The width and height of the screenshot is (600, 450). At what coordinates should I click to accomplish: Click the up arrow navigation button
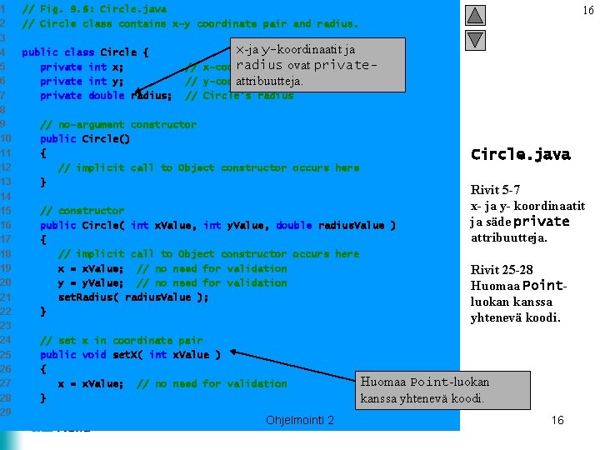tap(474, 16)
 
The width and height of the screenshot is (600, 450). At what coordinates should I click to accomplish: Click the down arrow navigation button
tap(474, 39)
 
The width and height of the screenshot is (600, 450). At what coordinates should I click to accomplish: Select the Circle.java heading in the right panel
tap(520, 154)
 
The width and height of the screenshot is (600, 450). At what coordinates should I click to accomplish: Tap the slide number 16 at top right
tap(587, 10)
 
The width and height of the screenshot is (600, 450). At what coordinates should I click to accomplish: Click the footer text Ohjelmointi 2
tap(300, 420)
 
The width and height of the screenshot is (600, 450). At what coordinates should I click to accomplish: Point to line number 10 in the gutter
tap(5, 138)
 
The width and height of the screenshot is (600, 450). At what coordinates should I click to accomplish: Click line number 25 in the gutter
tap(5, 354)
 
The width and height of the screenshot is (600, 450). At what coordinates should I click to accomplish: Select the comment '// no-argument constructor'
tap(118, 124)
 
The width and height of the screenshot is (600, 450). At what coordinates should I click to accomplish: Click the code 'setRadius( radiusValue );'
tap(133, 297)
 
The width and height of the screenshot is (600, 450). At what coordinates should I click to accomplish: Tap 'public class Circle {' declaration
tap(85, 52)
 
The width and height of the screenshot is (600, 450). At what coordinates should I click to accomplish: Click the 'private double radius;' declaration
tap(106, 95)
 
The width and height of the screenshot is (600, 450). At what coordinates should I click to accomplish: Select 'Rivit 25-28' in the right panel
tap(502, 269)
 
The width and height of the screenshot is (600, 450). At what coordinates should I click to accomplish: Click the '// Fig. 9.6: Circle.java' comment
tap(94, 9)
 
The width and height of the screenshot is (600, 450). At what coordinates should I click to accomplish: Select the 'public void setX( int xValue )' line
tap(130, 354)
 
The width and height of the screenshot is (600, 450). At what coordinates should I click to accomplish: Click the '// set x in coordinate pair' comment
tap(121, 340)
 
